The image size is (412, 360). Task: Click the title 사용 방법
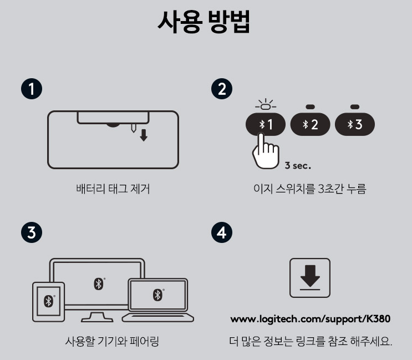pyautogui.click(x=204, y=22)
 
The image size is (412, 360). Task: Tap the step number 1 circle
pyautogui.click(x=32, y=89)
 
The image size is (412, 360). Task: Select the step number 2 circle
pyautogui.click(x=222, y=89)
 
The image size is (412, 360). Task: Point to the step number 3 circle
pyautogui.click(x=32, y=232)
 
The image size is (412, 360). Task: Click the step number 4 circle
pyautogui.click(x=222, y=232)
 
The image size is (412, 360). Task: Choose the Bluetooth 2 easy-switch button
pyautogui.click(x=310, y=124)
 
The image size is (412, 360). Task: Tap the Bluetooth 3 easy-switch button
pyautogui.click(x=355, y=124)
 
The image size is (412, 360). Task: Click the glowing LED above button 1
pyautogui.click(x=266, y=107)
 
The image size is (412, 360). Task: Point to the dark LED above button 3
pyautogui.click(x=355, y=107)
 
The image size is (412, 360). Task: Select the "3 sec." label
pyautogui.click(x=298, y=165)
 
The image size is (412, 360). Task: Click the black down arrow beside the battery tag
pyautogui.click(x=144, y=135)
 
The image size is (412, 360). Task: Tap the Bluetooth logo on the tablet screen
pyautogui.click(x=49, y=301)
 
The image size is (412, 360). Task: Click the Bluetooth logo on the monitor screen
pyautogui.click(x=99, y=284)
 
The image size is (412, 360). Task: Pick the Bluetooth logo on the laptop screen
pyautogui.click(x=157, y=295)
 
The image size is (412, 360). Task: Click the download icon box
pyautogui.click(x=310, y=278)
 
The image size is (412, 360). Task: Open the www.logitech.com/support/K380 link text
pyautogui.click(x=311, y=319)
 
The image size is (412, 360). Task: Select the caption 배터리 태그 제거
pyautogui.click(x=113, y=189)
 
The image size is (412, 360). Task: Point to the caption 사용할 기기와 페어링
pyautogui.click(x=112, y=341)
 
